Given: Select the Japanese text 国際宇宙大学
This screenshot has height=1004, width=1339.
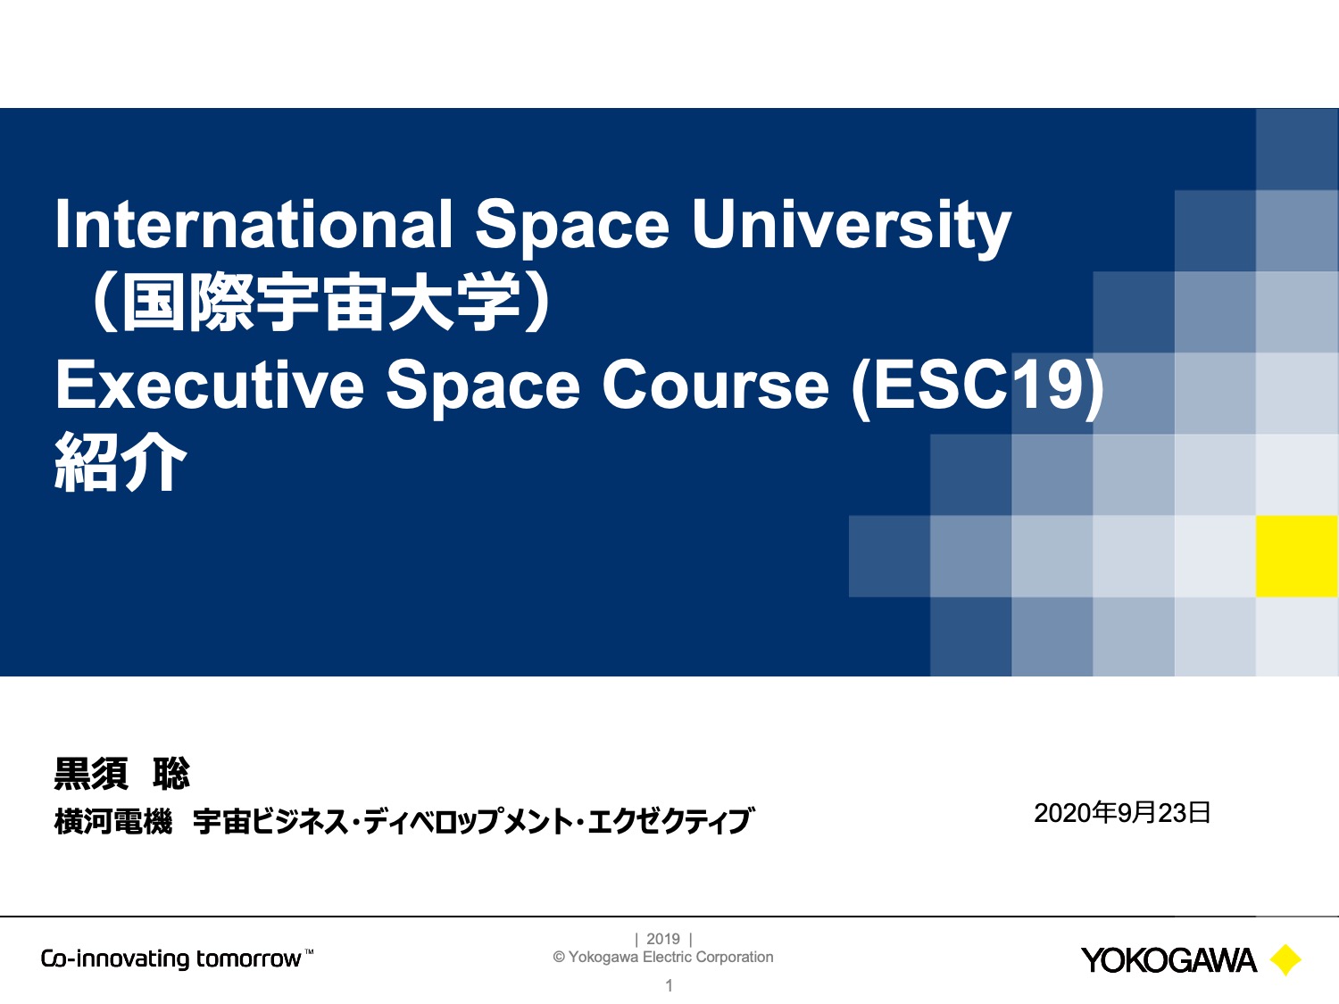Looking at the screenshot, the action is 322,303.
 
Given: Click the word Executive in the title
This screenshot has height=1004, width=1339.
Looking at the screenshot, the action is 210,386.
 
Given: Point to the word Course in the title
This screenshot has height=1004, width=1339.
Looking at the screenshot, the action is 716,386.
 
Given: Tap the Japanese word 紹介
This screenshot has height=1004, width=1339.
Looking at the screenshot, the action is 121,461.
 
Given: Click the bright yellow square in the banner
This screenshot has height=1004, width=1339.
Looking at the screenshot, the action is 1297,556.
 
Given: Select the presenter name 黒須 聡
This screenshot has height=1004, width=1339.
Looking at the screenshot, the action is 122,774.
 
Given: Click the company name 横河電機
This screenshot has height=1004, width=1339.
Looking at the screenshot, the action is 113,821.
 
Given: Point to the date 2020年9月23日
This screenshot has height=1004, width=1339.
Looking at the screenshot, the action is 1122,813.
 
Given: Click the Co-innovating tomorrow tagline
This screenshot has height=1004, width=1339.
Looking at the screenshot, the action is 177,958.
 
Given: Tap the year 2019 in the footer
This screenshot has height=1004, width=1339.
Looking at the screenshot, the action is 663,939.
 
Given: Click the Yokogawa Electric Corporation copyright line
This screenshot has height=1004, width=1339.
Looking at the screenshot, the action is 663,957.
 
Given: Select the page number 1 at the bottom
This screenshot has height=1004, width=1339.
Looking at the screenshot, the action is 669,986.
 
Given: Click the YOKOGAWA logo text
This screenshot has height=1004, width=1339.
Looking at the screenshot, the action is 1169,961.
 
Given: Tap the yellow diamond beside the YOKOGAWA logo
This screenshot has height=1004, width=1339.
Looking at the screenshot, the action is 1285,960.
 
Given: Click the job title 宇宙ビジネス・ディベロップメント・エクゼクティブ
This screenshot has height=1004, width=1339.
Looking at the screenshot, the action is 473,821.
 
